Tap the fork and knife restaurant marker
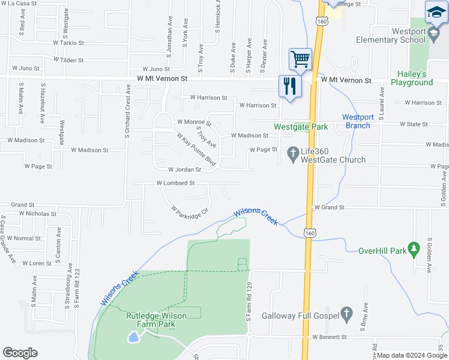(290, 86)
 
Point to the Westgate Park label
(301, 127)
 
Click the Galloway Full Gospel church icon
(346, 314)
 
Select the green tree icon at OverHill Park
(413, 248)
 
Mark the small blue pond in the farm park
(133, 338)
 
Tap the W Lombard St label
(176, 183)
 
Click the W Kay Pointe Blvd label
(196, 150)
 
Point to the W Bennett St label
(330, 337)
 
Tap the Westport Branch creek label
(357, 121)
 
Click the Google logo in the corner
(20, 352)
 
